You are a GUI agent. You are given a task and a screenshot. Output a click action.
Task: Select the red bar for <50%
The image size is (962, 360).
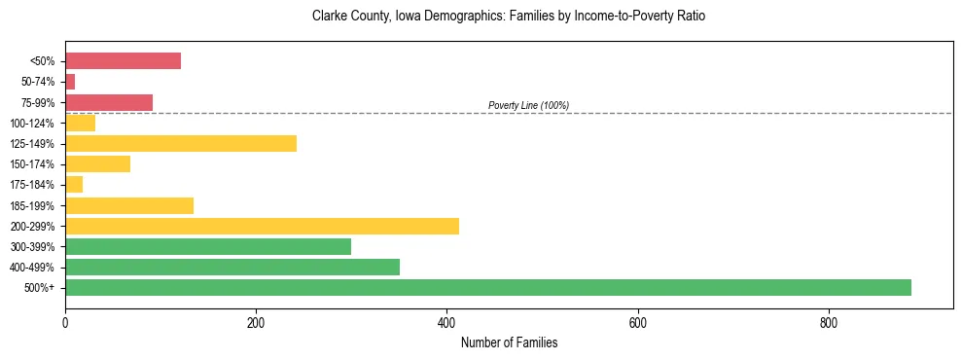(x=123, y=61)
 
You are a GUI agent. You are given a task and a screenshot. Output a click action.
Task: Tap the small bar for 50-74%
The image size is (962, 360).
(x=70, y=82)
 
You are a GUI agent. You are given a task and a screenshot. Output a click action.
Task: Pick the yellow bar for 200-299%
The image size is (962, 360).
(x=262, y=226)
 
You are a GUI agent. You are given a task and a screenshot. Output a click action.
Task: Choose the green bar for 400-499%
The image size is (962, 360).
(x=232, y=267)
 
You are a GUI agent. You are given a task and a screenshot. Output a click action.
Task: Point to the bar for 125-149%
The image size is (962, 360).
(x=181, y=144)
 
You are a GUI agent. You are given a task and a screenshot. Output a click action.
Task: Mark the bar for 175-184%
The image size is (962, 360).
(x=74, y=185)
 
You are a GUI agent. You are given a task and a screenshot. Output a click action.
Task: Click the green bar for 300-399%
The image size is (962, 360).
(x=208, y=246)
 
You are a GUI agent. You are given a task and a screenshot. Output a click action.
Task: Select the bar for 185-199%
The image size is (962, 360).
(x=129, y=205)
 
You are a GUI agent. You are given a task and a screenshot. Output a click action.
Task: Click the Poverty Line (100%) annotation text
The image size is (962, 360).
(x=528, y=105)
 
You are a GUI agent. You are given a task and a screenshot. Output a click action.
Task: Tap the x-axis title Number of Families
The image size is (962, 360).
(x=509, y=342)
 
